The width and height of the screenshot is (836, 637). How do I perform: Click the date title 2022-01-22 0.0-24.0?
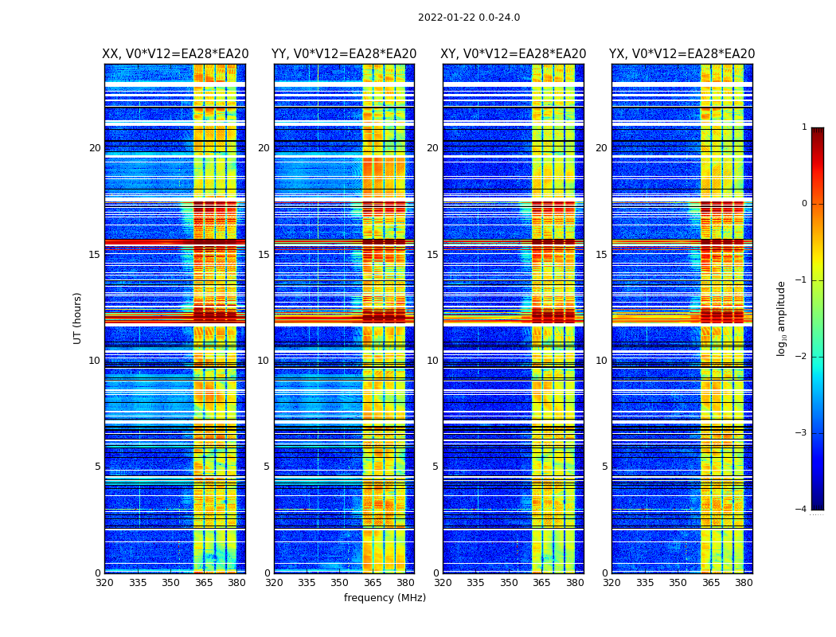click(468, 18)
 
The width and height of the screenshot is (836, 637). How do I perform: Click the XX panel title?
click(175, 54)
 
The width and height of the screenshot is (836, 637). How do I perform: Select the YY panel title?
click(344, 54)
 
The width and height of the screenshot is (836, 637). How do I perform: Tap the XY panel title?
click(514, 54)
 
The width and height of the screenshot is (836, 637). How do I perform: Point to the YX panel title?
click(682, 54)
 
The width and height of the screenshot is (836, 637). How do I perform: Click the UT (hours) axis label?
click(78, 318)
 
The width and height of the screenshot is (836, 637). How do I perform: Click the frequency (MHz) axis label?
click(385, 598)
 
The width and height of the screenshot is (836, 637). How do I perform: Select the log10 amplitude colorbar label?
click(782, 318)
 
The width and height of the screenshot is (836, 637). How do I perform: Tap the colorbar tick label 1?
click(804, 127)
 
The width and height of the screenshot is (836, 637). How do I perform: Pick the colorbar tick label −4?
click(802, 510)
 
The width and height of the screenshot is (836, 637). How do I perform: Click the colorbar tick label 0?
click(804, 204)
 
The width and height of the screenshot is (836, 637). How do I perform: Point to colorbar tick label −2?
click(802, 357)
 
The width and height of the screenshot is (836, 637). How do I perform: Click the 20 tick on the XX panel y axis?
click(95, 148)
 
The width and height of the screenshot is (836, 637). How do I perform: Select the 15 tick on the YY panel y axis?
click(264, 255)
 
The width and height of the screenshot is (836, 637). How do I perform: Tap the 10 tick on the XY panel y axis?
click(432, 361)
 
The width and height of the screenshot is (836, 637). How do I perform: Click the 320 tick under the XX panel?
click(104, 583)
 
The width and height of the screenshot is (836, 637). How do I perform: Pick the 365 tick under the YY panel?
click(373, 583)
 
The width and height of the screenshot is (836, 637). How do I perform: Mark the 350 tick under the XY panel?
click(509, 583)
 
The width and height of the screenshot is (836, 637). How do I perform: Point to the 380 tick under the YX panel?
click(744, 583)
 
